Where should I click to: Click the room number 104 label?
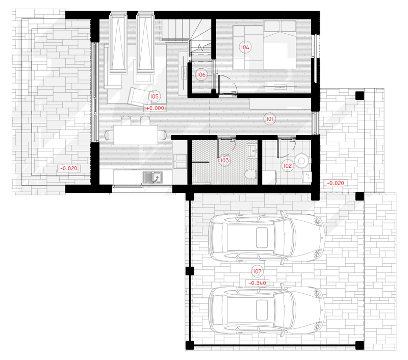tap(245, 47)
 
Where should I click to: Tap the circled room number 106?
tap(201, 75)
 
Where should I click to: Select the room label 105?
tap(155, 96)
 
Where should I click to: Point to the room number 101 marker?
tap(270, 119)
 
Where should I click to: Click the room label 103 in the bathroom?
tap(224, 160)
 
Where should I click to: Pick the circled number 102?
tap(288, 166)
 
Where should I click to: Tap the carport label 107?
tap(257, 271)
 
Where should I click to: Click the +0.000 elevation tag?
tap(155, 108)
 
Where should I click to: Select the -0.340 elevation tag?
tap(258, 283)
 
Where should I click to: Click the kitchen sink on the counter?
tap(152, 177)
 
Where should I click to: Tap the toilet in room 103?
tap(250, 175)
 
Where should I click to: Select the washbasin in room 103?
tap(251, 151)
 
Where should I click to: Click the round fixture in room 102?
tap(301, 161)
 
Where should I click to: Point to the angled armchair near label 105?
tap(138, 97)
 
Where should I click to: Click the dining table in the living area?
tap(136, 135)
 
